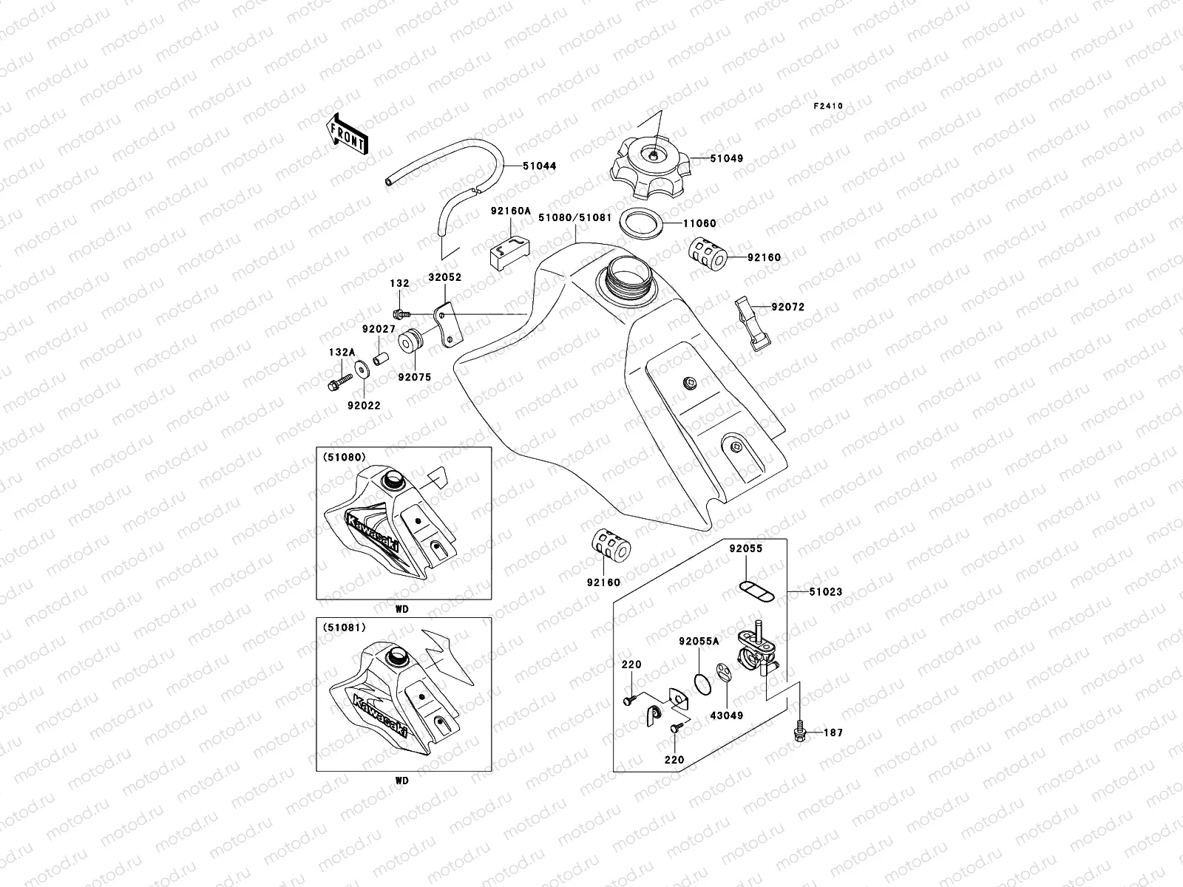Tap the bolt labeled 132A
point(337,384)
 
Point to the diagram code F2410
point(828,106)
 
